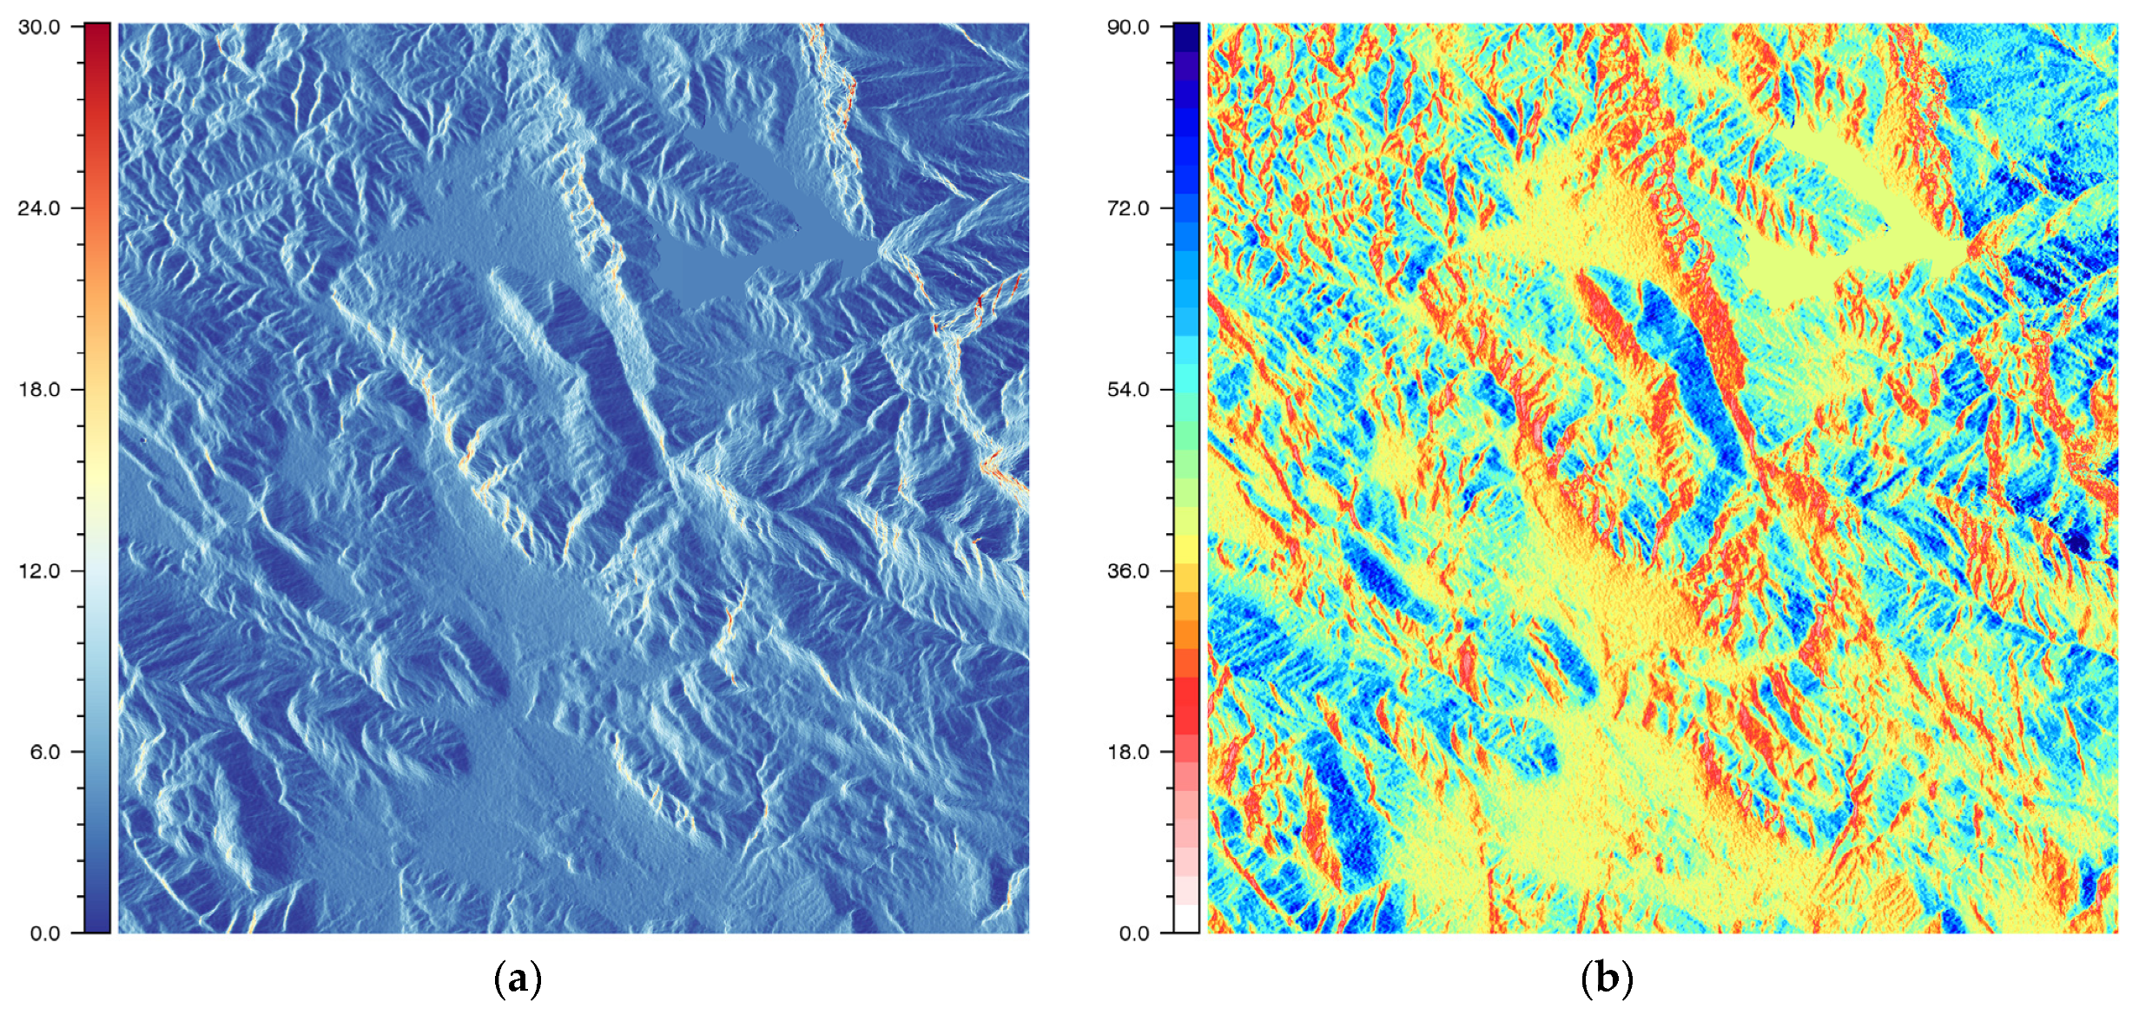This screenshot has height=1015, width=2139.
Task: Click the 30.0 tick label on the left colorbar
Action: pyautogui.click(x=39, y=28)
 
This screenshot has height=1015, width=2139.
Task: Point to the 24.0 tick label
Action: pyautogui.click(x=39, y=208)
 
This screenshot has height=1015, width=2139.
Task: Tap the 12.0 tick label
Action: pyautogui.click(x=39, y=571)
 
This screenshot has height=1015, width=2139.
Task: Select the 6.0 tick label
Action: pyautogui.click(x=45, y=752)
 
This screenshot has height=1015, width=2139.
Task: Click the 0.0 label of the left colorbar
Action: pyautogui.click(x=45, y=934)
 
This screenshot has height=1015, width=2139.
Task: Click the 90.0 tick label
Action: pyautogui.click(x=1128, y=28)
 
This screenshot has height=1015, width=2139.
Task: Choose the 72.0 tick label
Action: pyautogui.click(x=1128, y=208)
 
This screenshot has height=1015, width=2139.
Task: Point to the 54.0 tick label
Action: pyautogui.click(x=1128, y=390)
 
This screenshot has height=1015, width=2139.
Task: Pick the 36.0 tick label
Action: pyautogui.click(x=1128, y=571)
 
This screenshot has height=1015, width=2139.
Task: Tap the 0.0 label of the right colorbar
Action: pyautogui.click(x=1134, y=934)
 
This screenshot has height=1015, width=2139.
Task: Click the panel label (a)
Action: pyautogui.click(x=518, y=979)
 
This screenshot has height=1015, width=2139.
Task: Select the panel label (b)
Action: pyautogui.click(x=1607, y=979)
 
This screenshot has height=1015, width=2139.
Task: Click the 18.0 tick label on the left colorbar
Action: pyautogui.click(x=39, y=390)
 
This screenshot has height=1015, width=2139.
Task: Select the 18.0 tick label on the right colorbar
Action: pyautogui.click(x=1128, y=752)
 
